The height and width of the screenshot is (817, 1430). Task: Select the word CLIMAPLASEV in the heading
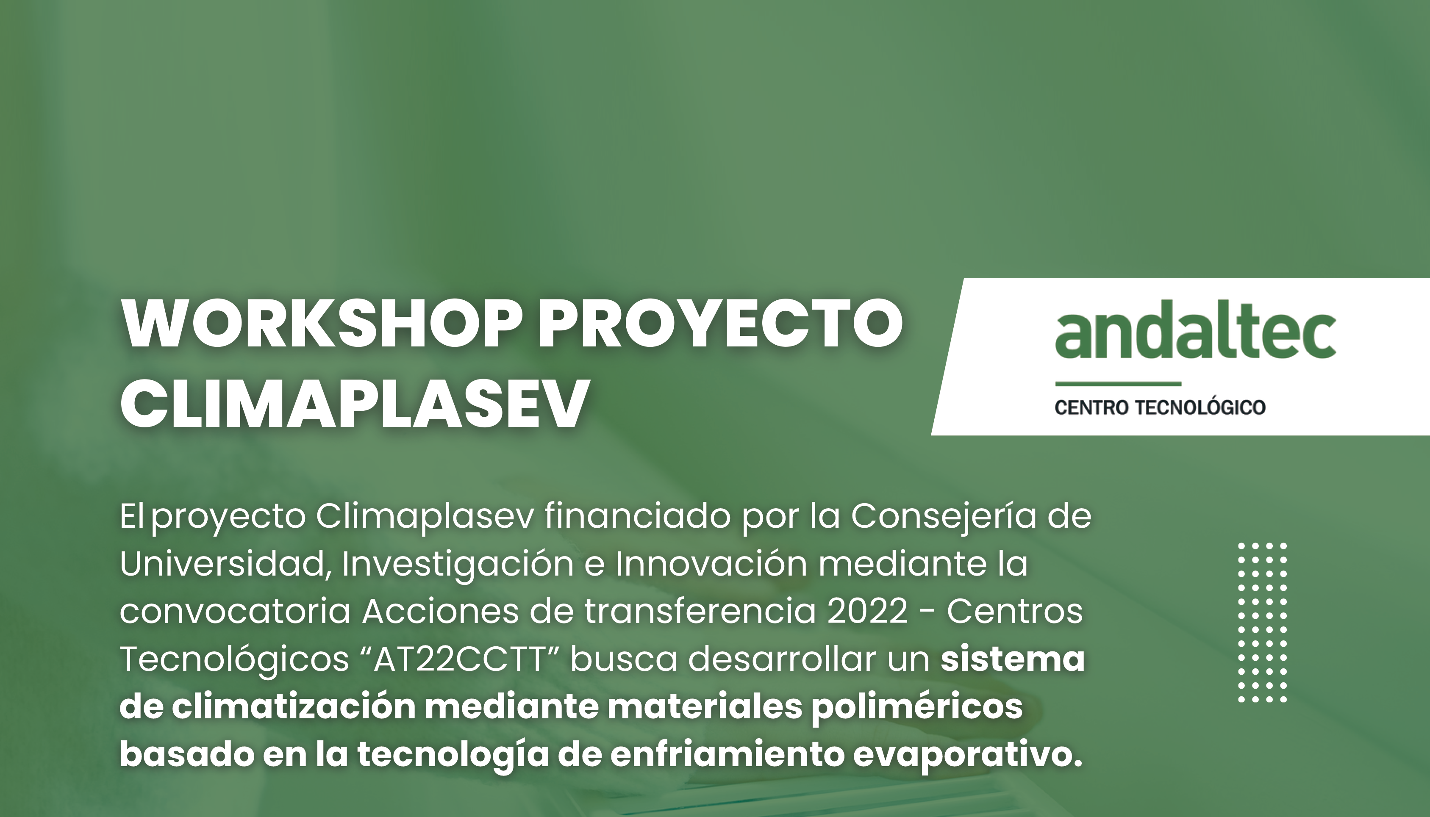[355, 402]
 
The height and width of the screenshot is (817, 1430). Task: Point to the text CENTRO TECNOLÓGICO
[1160, 407]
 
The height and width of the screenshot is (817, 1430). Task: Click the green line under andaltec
[1118, 384]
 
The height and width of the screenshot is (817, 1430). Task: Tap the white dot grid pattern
[1262, 623]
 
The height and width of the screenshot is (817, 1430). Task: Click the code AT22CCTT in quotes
[461, 659]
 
